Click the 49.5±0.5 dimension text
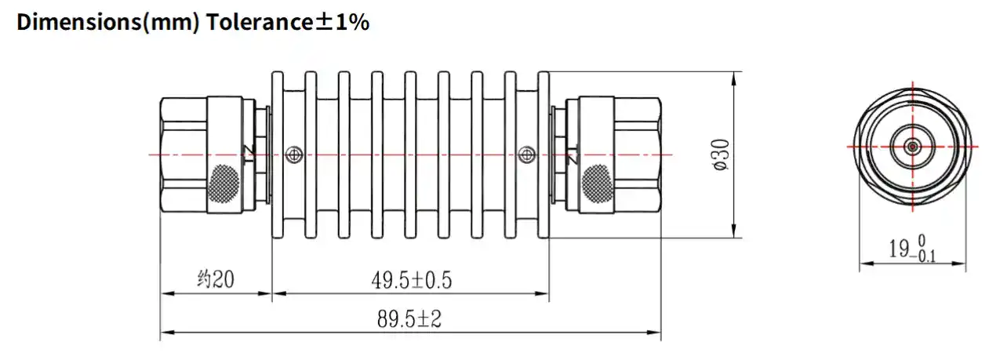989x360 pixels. coord(411,279)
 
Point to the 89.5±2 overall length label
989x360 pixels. coord(410,319)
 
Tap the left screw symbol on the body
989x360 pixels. coord(293,155)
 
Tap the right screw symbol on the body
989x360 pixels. coord(527,155)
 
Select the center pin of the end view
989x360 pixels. coord(913,146)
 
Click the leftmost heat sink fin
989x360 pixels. coord(277,155)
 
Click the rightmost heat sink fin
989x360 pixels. coord(543,155)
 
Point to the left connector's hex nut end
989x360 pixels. coord(182,155)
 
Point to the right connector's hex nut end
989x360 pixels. coord(638,155)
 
